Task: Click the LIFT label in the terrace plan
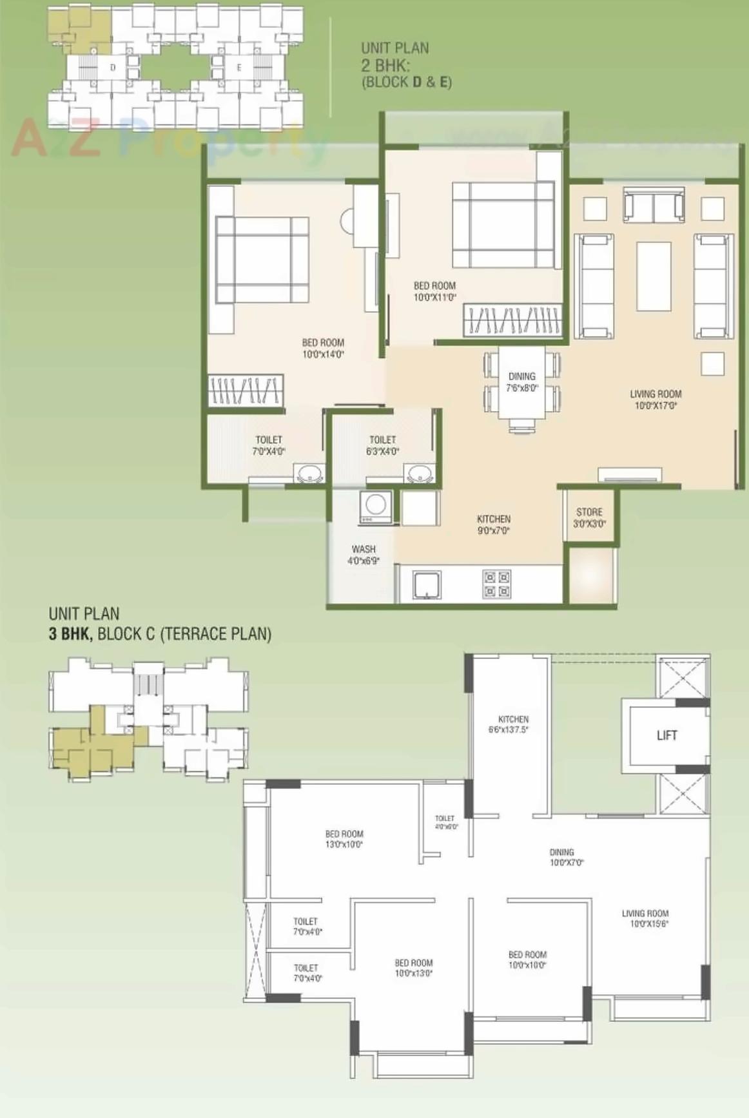[x=666, y=735]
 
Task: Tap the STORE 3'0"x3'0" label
[x=589, y=517]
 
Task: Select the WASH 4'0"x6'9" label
[x=364, y=555]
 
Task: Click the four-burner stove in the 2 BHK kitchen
[x=496, y=584]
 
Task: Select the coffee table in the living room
[x=654, y=276]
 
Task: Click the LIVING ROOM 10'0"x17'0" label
[x=655, y=400]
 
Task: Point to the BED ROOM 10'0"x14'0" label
[x=323, y=349]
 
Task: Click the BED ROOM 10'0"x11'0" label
[x=434, y=291]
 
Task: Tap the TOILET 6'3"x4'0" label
[x=382, y=445]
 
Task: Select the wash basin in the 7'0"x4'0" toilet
[x=309, y=474]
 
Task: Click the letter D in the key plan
[x=113, y=67]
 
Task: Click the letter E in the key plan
[x=239, y=67]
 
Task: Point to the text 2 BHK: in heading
[x=385, y=65]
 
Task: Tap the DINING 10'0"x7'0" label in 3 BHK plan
[x=565, y=857]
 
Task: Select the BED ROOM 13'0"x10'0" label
[x=344, y=839]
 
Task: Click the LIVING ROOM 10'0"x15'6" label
[x=645, y=918]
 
